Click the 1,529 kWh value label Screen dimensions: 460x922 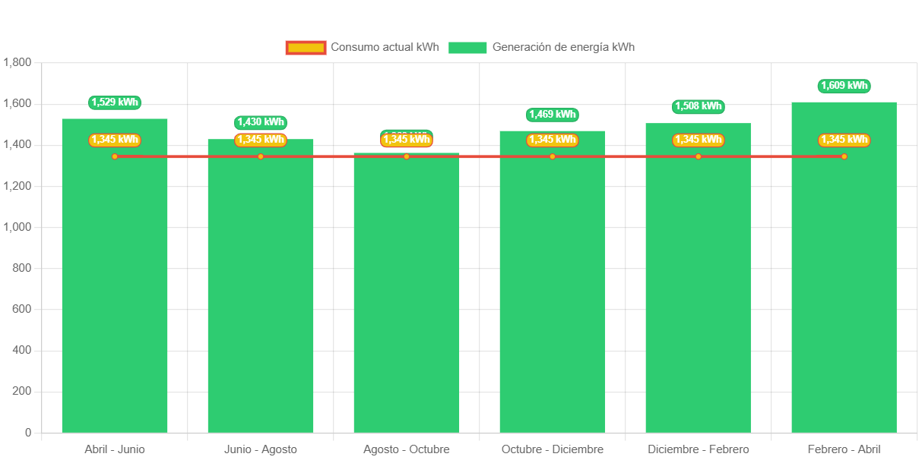pyautogui.click(x=115, y=102)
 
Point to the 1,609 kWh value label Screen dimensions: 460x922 pyautogui.click(x=844, y=86)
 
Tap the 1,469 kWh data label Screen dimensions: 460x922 pyautogui.click(x=553, y=115)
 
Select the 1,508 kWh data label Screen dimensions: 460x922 pyautogui.click(x=699, y=106)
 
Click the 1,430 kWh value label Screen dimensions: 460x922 pyautogui.click(x=261, y=122)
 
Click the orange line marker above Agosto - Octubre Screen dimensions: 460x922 pyautogui.click(x=407, y=156)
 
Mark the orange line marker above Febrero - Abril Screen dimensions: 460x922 pyautogui.click(x=844, y=156)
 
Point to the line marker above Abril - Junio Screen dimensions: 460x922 pyautogui.click(x=115, y=156)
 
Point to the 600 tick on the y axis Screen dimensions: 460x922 pyautogui.click(x=23, y=309)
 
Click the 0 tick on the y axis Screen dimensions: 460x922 pyautogui.click(x=28, y=433)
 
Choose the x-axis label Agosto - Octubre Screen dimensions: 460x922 pyautogui.click(x=407, y=449)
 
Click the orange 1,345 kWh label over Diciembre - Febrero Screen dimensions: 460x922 pyautogui.click(x=699, y=140)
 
